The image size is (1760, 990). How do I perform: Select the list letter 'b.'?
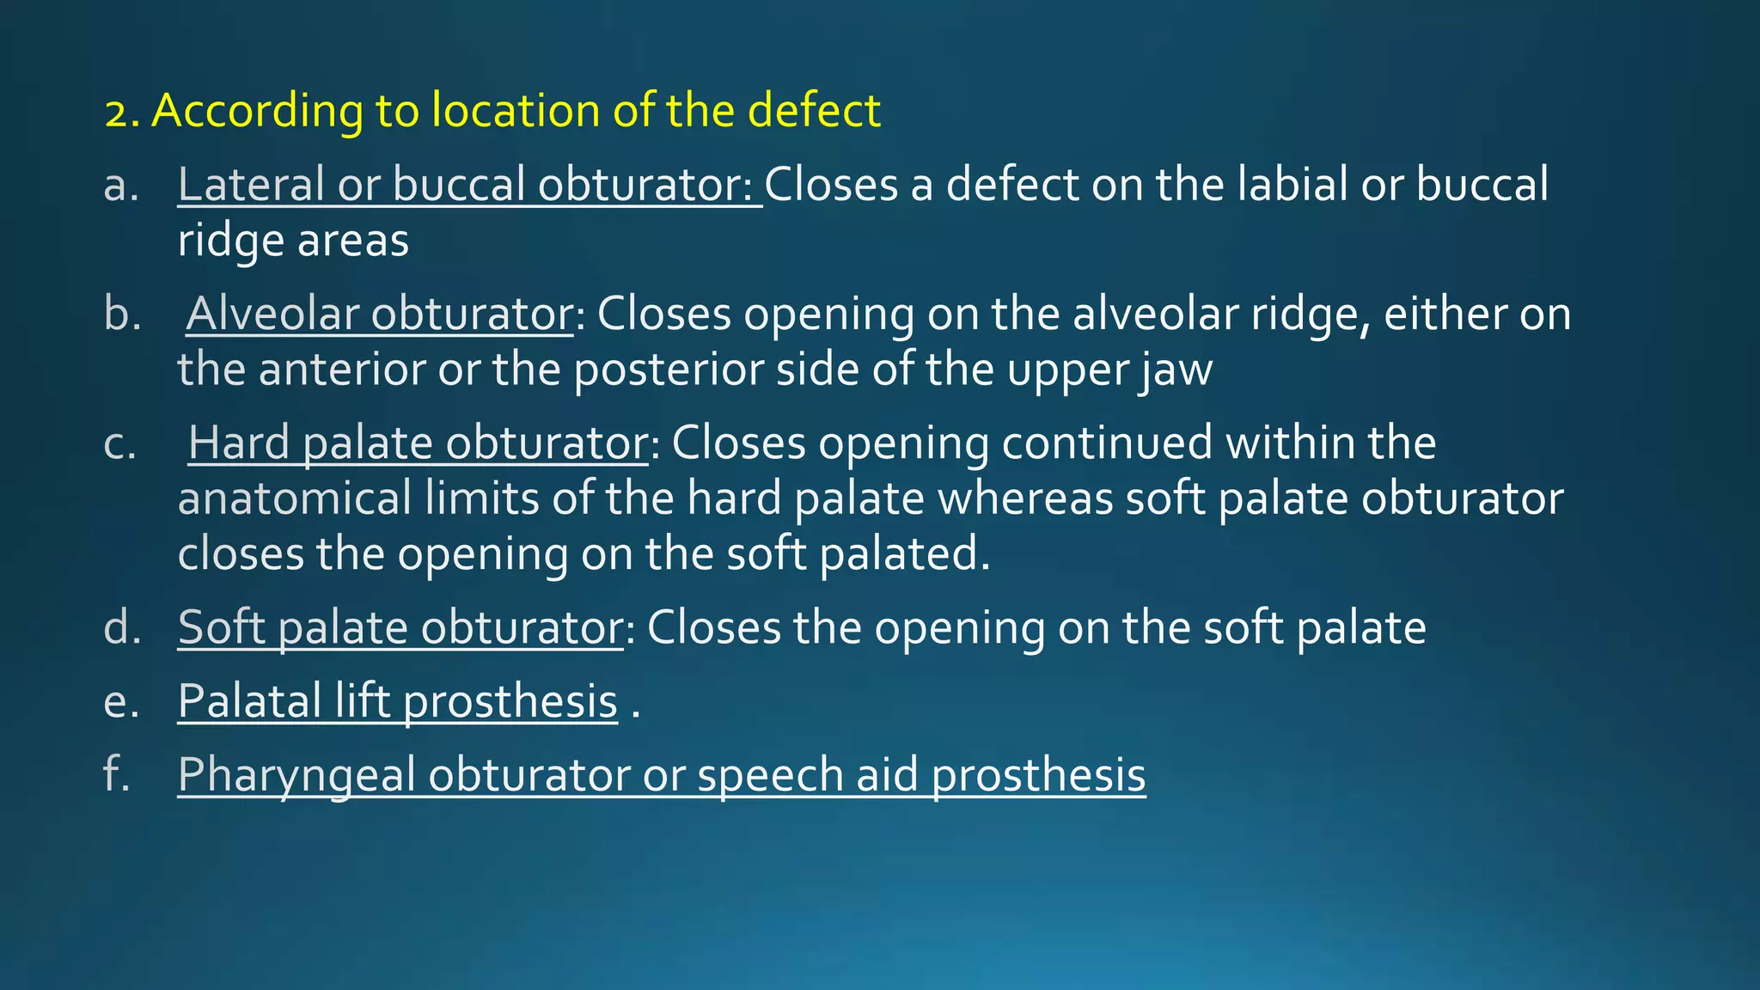(122, 314)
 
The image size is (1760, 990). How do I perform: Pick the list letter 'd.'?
(122, 627)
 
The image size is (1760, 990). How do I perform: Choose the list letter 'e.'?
(121, 702)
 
